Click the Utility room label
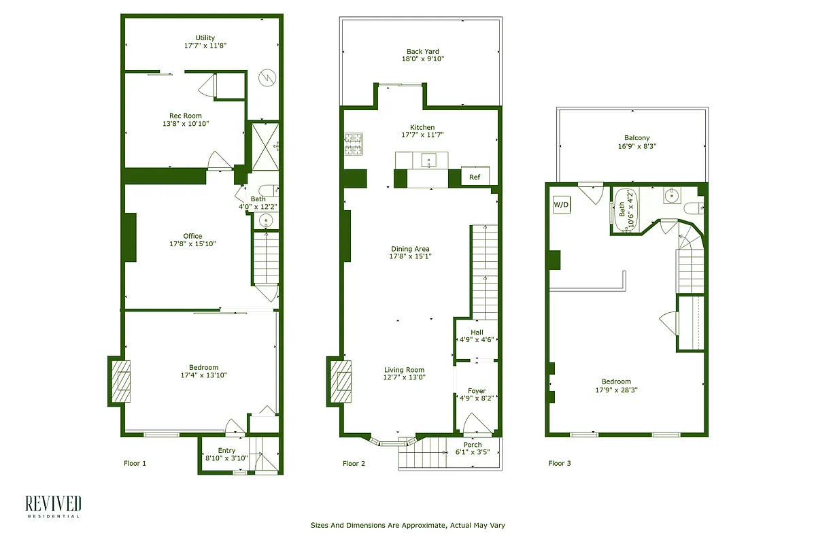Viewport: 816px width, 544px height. pos(205,37)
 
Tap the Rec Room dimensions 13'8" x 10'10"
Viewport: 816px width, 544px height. pos(186,124)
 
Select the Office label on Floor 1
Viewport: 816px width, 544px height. pos(192,236)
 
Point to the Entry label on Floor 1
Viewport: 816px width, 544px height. pos(226,450)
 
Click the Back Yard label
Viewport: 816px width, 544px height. pos(422,51)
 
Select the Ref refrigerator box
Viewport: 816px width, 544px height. pos(475,177)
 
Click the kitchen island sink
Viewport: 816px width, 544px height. pos(429,160)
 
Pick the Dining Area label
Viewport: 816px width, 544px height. pos(410,248)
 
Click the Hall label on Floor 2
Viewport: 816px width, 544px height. pos(477,332)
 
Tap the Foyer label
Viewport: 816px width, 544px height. pos(477,391)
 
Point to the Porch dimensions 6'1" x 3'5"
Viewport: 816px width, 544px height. pos(473,454)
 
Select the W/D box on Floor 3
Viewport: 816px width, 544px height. pos(561,204)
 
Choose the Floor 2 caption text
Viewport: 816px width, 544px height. pos(354,464)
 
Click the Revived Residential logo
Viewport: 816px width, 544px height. pos(53,507)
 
